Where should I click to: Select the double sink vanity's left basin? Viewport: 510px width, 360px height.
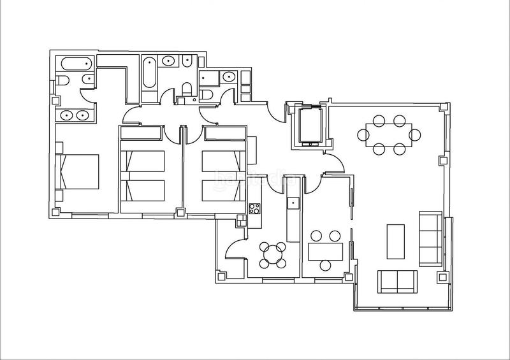click(67, 115)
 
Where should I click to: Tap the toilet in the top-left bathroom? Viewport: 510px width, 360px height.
click(63, 80)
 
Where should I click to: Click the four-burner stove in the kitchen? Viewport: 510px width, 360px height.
click(254, 208)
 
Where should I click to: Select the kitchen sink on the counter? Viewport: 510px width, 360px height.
click(293, 203)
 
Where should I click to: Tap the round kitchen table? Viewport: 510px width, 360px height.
click(274, 253)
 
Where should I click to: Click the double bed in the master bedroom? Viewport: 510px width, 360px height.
click(79, 171)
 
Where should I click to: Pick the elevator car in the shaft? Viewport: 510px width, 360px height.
click(308, 125)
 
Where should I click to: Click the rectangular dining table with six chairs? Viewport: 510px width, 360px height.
click(389, 134)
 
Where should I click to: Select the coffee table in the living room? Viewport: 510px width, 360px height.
click(396, 241)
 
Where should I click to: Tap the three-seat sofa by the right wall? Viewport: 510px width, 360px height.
click(429, 238)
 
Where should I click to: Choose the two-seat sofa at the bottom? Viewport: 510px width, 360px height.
click(397, 281)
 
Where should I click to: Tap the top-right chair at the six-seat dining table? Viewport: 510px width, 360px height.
click(400, 120)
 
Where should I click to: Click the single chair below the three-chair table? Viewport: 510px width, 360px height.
click(326, 266)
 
